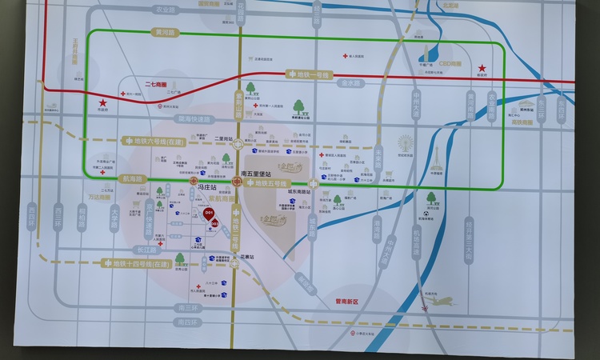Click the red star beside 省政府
482,68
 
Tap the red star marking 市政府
102,103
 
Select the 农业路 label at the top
165,10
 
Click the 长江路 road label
150,248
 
